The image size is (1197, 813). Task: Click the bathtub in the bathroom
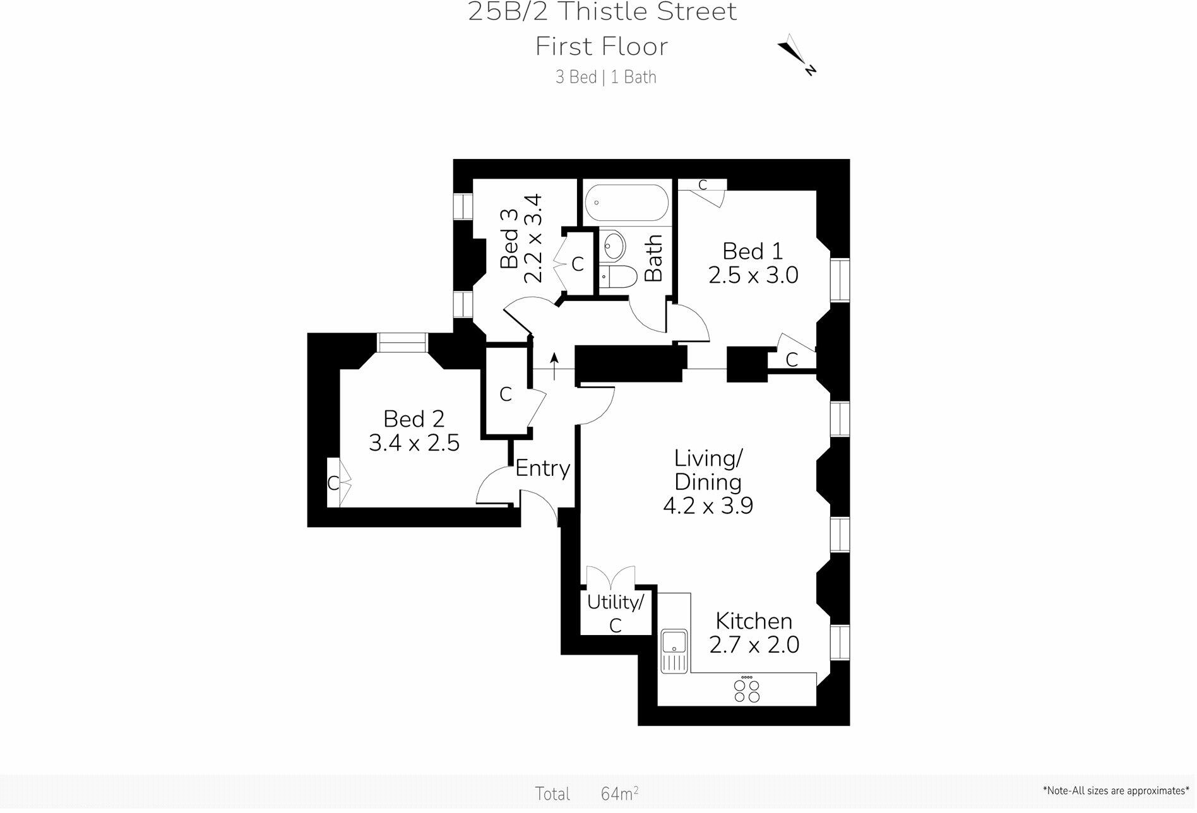click(x=626, y=203)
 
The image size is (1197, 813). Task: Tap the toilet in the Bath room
click(x=616, y=276)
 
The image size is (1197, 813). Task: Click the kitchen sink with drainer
click(x=674, y=651)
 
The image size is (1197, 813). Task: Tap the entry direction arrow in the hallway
click(x=554, y=366)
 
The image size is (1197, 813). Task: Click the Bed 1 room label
click(x=753, y=251)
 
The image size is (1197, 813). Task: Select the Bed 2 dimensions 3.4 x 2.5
click(x=414, y=443)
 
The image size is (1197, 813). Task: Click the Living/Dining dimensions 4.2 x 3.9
click(x=708, y=506)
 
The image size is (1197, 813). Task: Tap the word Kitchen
click(x=754, y=621)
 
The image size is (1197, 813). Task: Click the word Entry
click(x=542, y=468)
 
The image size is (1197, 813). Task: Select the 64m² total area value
click(x=619, y=793)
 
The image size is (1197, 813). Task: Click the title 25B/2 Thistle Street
click(x=602, y=12)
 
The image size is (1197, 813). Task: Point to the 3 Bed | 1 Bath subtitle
click(x=605, y=77)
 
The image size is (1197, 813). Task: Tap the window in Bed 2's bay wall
click(x=402, y=342)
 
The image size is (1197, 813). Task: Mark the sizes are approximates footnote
click(x=1116, y=790)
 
